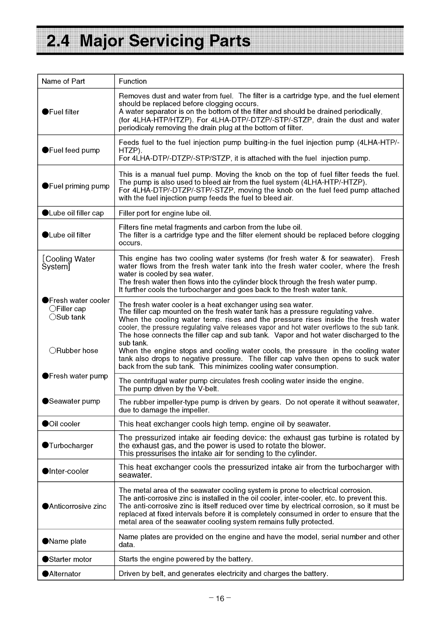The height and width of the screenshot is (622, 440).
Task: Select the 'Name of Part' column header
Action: [63, 81]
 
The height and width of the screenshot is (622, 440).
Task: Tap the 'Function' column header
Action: [133, 81]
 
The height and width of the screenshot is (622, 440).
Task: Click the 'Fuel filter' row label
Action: [61, 112]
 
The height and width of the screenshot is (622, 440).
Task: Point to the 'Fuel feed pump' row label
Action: [71, 150]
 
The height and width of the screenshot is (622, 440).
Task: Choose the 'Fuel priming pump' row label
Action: [75, 186]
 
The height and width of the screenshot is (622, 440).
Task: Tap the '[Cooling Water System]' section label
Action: [68, 263]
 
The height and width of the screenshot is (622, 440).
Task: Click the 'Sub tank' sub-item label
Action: [68, 317]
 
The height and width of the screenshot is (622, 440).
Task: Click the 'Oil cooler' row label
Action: [61, 424]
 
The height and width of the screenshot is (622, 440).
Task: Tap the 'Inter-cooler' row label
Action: [65, 472]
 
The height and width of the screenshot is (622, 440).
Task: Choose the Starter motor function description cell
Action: [186, 559]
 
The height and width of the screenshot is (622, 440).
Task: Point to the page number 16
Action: [220, 599]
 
